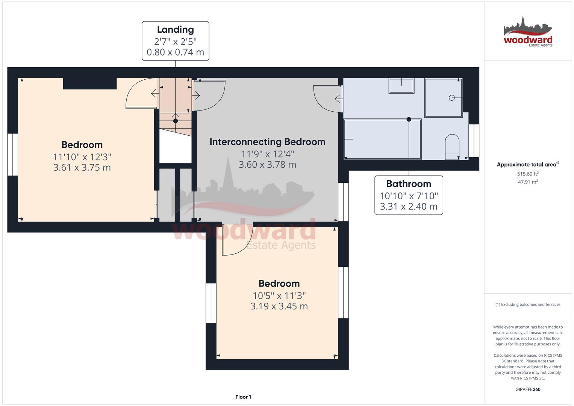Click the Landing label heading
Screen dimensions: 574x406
175,30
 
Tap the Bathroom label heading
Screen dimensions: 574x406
409,184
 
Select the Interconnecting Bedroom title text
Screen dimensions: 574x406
267,142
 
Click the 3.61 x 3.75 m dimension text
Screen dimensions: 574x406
82,167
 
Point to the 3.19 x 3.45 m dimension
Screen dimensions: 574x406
279,306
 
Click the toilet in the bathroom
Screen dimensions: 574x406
452,147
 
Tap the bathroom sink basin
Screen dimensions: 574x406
401,86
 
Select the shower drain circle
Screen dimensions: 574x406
451,98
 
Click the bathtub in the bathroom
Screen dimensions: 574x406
383,139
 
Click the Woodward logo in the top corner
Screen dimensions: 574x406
528,32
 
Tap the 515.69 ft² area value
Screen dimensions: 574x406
528,174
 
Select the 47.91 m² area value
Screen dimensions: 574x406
528,182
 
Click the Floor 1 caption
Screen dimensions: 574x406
243,397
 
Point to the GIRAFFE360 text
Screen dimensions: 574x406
528,389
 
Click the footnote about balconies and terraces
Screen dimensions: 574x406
528,304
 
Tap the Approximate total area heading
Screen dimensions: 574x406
528,165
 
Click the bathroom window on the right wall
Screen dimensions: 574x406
474,141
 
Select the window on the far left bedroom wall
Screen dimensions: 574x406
12,155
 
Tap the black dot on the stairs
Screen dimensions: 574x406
176,121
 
